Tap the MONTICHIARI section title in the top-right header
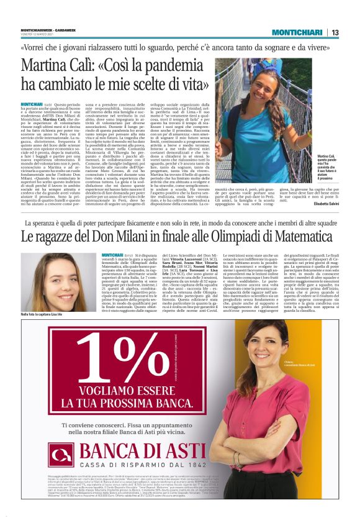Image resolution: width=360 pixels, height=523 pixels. pyautogui.click(x=297, y=32)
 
